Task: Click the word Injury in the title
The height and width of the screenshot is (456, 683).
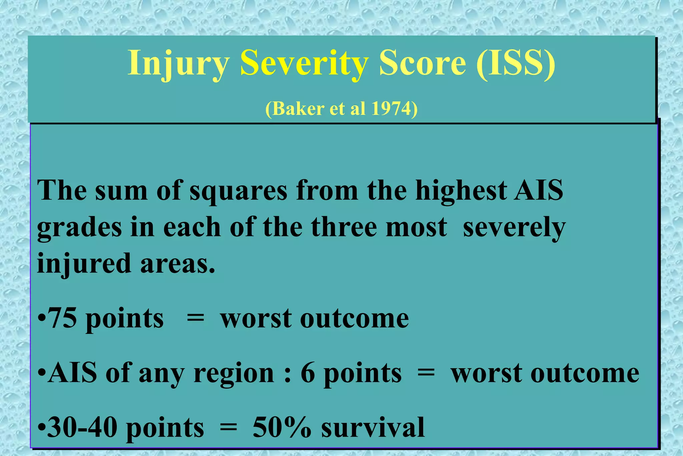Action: (178, 63)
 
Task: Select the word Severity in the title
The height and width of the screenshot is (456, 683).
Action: (304, 63)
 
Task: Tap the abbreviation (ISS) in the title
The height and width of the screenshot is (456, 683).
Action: (515, 63)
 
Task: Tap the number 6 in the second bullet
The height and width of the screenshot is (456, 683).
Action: (308, 373)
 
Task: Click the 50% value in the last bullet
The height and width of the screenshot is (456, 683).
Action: (282, 427)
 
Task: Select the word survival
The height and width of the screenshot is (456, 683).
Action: (373, 427)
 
